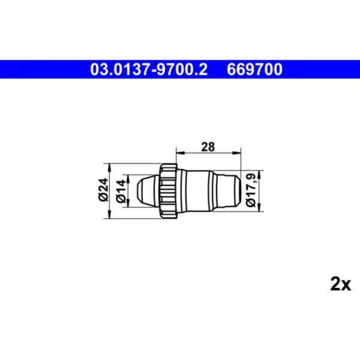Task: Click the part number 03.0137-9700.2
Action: pos(149,69)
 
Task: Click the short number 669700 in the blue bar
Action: pos(254,69)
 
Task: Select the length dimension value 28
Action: pos(208,146)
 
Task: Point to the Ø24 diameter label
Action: pos(103,190)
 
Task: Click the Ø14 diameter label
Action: pos(121,190)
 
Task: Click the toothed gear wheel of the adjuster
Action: pos(168,190)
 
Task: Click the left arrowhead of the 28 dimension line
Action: pos(177,154)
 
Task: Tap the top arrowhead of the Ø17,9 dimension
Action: pos(259,174)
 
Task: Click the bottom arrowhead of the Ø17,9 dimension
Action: pos(259,206)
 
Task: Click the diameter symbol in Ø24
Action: pos(103,198)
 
